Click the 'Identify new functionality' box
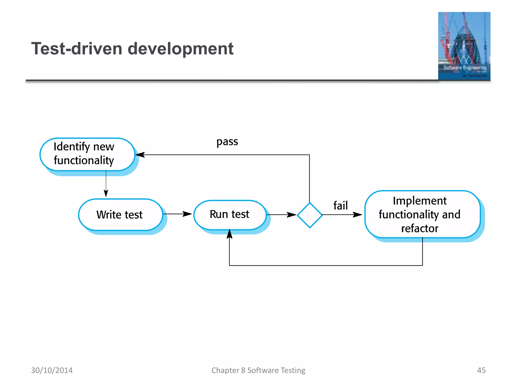87,154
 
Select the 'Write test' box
120,215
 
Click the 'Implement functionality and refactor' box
422,214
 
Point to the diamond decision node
309,215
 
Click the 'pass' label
227,142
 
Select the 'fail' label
340,205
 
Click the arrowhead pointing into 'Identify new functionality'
140,155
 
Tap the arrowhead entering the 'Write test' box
106,193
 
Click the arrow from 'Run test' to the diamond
282,215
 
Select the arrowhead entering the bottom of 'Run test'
229,234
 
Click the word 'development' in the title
180,48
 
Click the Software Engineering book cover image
464,46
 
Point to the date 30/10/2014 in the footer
52,370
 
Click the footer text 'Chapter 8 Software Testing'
258,370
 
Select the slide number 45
481,370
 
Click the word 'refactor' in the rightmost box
420,228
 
